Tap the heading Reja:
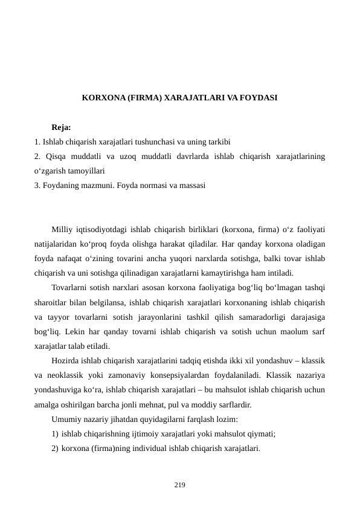[x=62, y=128]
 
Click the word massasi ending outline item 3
[x=192, y=186]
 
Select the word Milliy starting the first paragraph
[x=63, y=230]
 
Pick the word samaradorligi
[x=249, y=317]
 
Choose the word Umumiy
[x=66, y=420]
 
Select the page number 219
[x=179, y=484]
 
